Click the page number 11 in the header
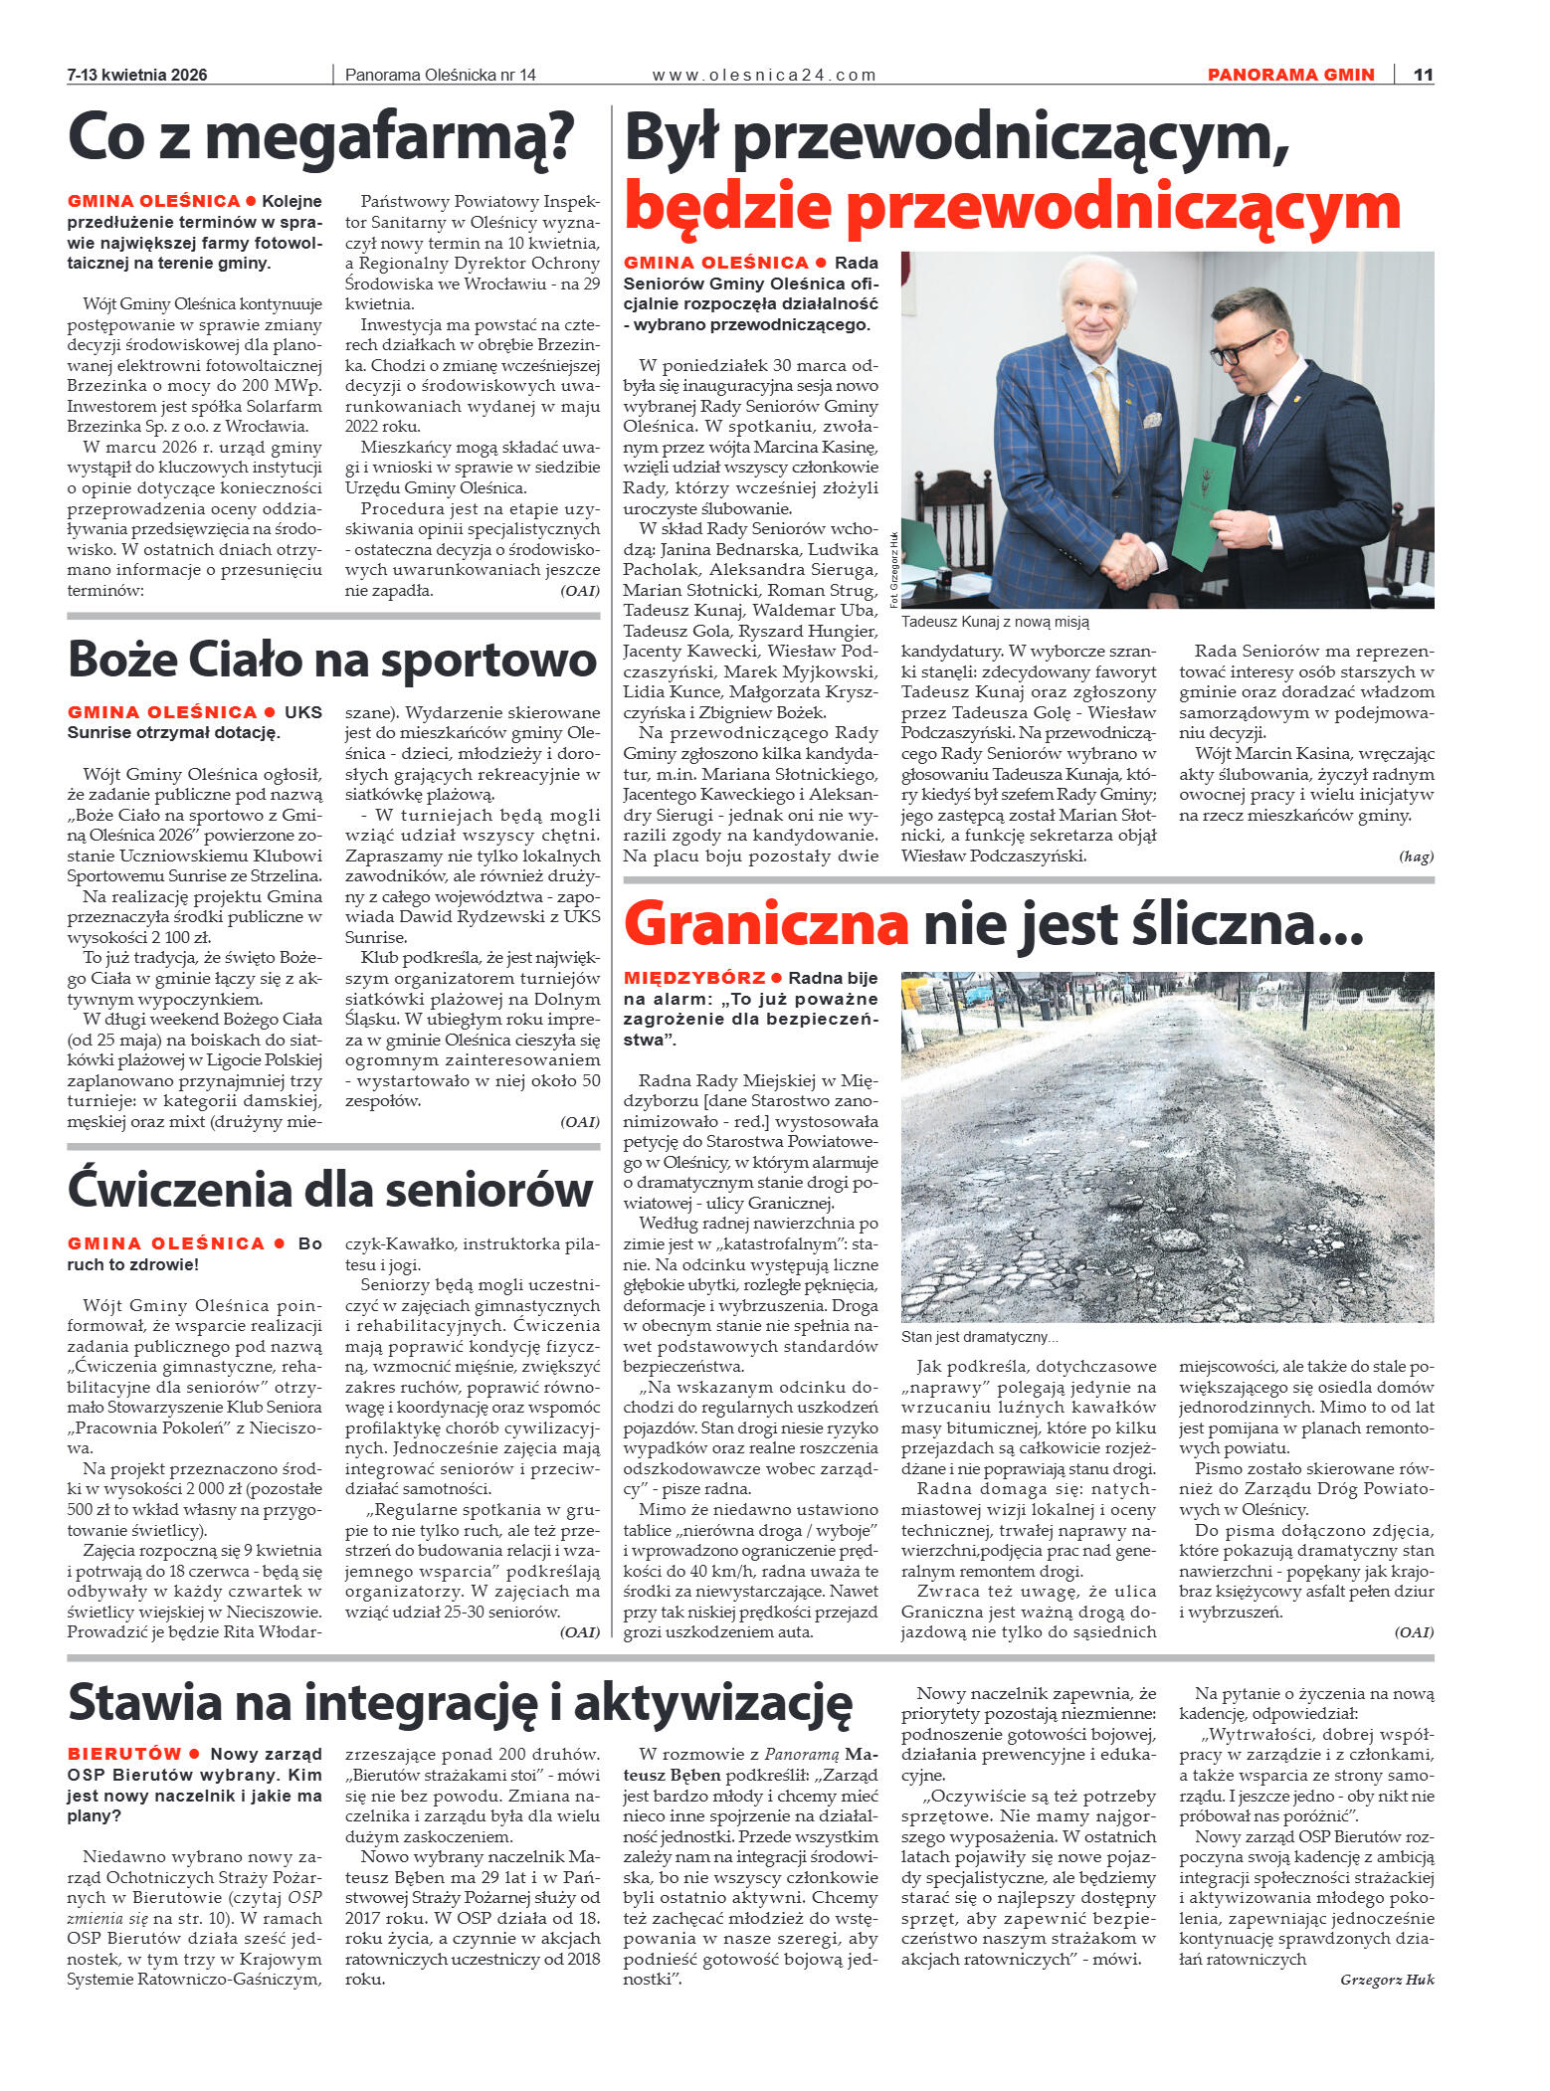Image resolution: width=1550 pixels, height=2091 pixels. click(x=1423, y=75)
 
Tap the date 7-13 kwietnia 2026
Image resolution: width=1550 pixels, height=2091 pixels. click(x=137, y=75)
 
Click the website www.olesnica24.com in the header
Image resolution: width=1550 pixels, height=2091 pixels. click(x=763, y=75)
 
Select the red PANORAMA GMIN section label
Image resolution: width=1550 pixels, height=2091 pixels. click(x=1290, y=75)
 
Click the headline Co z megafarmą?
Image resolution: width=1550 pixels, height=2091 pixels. click(x=320, y=138)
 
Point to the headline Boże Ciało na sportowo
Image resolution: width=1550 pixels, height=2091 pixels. click(x=332, y=660)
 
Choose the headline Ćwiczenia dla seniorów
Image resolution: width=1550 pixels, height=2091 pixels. click(x=330, y=1190)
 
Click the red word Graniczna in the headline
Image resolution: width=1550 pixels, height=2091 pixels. click(x=765, y=924)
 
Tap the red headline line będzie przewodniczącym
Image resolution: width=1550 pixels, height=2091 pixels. click(x=1012, y=206)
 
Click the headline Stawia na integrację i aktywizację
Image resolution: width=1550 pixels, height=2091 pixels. click(x=460, y=1702)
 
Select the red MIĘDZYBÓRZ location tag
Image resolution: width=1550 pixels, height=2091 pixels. click(x=693, y=978)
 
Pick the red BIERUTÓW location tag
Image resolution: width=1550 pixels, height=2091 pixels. click(x=124, y=1754)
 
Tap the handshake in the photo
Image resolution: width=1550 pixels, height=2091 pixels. click(x=1129, y=560)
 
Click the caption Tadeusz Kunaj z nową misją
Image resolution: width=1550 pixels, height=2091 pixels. click(x=995, y=622)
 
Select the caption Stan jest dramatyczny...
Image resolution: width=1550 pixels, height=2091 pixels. click(x=979, y=1338)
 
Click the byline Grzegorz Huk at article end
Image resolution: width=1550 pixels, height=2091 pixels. click(x=1387, y=1979)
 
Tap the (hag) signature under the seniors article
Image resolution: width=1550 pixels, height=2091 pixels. click(x=1416, y=855)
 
